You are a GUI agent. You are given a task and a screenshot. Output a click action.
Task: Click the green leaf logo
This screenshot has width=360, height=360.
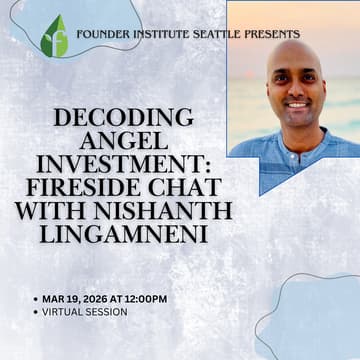click(x=54, y=36)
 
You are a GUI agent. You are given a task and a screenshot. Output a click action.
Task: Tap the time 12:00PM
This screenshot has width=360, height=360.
click(x=144, y=298)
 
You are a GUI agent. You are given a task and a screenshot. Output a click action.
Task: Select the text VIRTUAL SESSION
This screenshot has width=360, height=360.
click(x=85, y=311)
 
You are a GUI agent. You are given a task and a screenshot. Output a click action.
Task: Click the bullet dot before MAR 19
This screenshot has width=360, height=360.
click(x=35, y=298)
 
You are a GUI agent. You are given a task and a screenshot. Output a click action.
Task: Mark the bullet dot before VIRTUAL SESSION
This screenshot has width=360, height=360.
click(x=35, y=311)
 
